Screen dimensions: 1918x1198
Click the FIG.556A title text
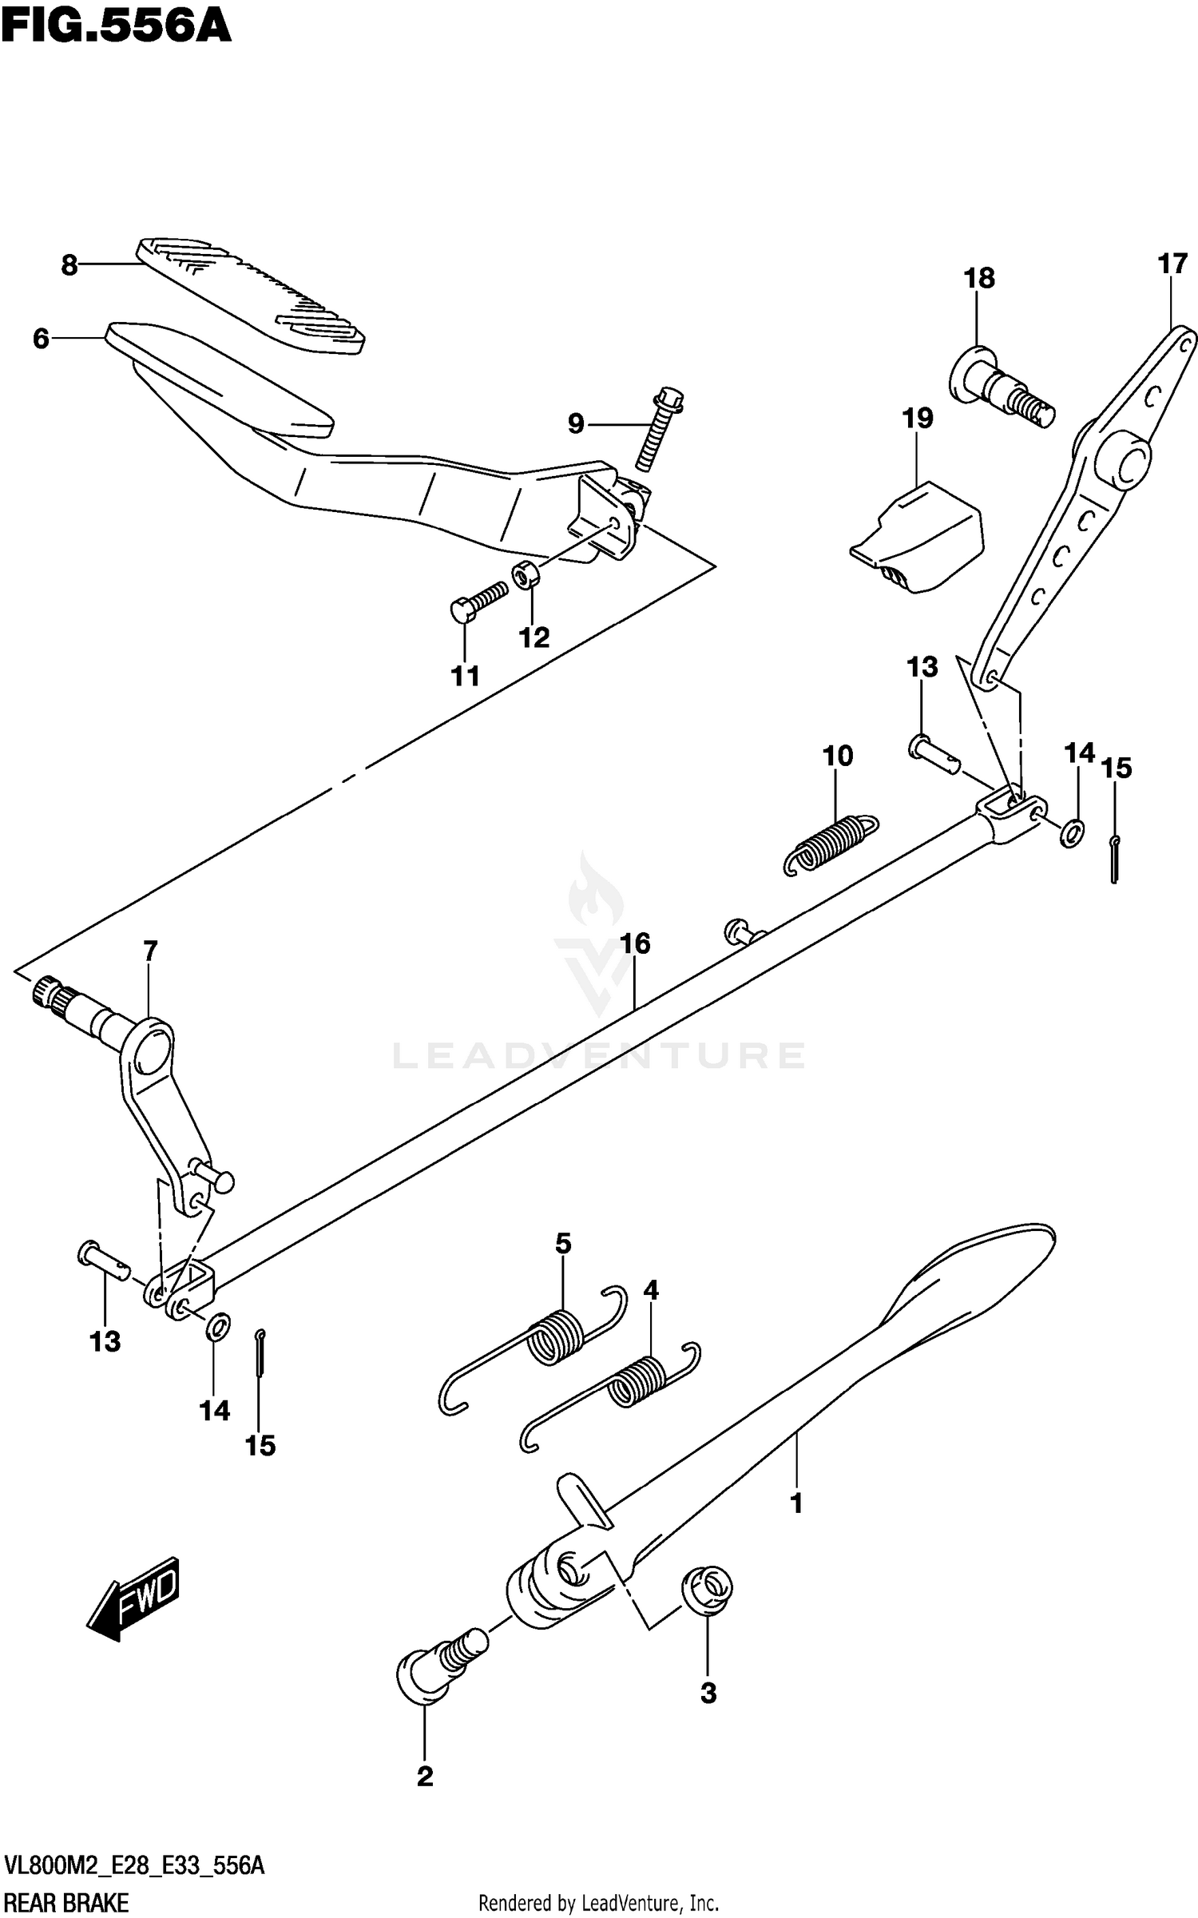[x=116, y=26]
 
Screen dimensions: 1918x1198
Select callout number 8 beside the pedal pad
[x=70, y=265]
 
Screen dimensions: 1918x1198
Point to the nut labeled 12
[x=525, y=574]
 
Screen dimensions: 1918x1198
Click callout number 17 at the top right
[x=1172, y=264]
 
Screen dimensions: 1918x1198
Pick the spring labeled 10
[x=831, y=843]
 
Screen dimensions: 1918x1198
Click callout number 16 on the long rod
[x=636, y=943]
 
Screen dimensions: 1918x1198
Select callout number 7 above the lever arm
[x=150, y=951]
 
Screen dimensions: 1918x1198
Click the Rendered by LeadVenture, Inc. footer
[x=598, y=1904]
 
